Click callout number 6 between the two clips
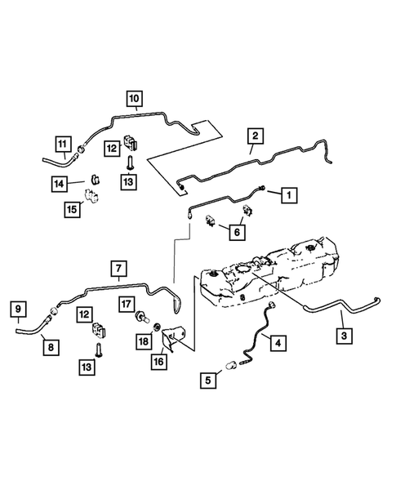coord(238,234)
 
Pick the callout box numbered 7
coord(118,269)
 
